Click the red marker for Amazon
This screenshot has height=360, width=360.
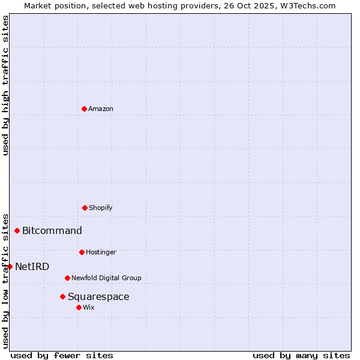click(x=84, y=109)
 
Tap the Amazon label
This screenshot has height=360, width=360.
click(x=101, y=109)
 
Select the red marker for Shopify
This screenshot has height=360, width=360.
click(x=85, y=208)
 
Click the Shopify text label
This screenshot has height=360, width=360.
click(x=101, y=208)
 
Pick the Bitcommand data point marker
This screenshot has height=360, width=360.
click(x=17, y=230)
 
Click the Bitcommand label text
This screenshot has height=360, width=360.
click(x=52, y=230)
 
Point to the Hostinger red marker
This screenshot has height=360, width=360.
click(x=82, y=252)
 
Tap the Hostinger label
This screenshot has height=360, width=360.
click(x=101, y=252)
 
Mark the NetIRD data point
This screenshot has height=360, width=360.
click(x=10, y=266)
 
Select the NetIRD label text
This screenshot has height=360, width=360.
click(x=32, y=266)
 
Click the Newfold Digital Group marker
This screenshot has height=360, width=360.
click(x=67, y=278)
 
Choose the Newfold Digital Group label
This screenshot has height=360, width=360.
click(x=106, y=278)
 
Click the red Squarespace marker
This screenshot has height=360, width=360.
click(x=62, y=296)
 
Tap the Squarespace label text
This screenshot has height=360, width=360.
click(x=98, y=296)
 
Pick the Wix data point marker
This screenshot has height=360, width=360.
click(x=79, y=307)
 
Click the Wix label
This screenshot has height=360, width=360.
click(x=89, y=307)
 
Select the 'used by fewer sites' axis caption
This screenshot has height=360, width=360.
click(x=62, y=355)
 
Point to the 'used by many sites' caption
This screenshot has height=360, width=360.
click(x=301, y=355)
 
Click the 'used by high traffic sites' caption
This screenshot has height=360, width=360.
click(x=5, y=85)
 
